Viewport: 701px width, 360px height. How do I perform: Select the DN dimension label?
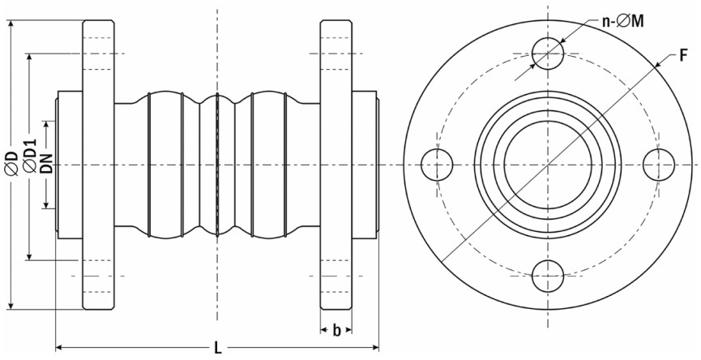(46, 163)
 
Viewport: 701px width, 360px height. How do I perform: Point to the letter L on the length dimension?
(218, 348)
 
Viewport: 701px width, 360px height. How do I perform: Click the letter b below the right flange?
(336, 331)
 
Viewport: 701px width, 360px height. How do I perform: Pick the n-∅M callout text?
(622, 20)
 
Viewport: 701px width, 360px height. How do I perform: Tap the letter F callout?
(683, 56)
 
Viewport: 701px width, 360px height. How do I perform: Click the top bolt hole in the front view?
(548, 54)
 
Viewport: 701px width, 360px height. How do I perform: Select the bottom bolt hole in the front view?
(548, 276)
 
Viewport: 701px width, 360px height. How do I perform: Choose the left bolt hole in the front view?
(437, 165)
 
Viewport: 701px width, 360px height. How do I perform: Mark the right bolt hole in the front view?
(659, 165)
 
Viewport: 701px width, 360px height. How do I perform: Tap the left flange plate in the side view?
(98, 165)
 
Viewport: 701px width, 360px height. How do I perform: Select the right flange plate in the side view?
(336, 165)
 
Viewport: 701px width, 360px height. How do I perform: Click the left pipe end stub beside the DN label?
(69, 165)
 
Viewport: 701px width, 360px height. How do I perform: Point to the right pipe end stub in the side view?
(365, 165)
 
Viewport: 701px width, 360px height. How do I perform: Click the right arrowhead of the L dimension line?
(374, 347)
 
